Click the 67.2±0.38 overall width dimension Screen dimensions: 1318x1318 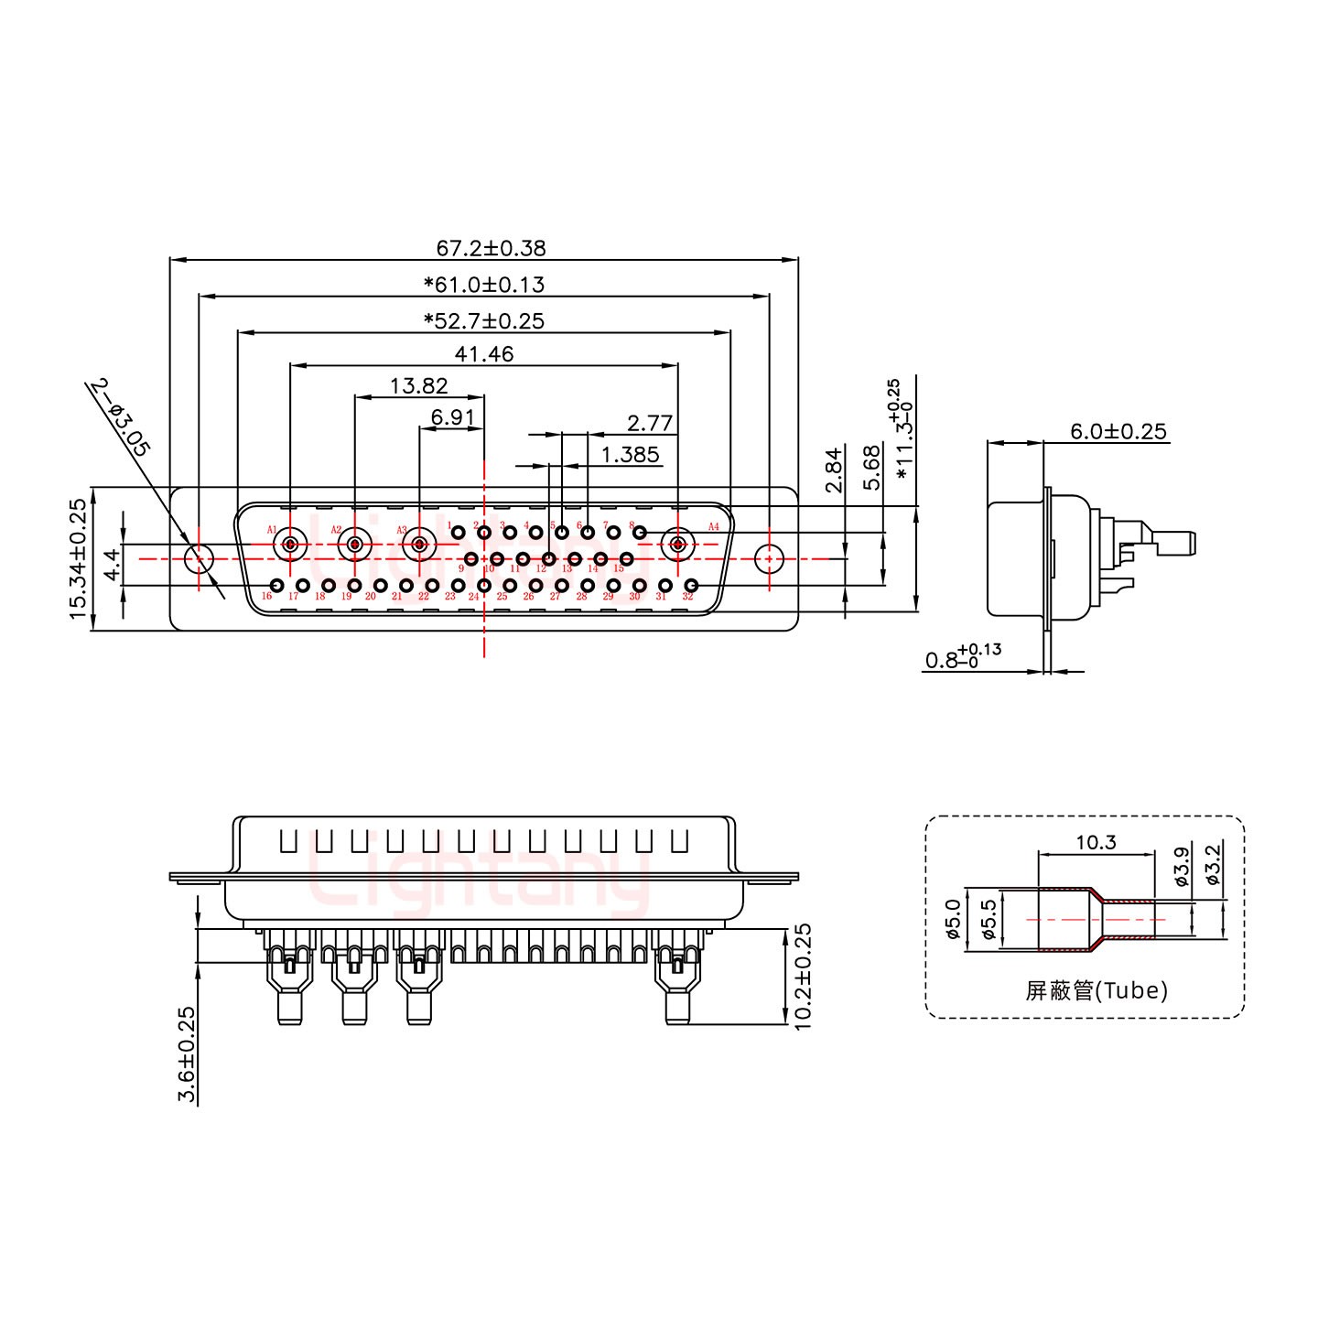pyautogui.click(x=491, y=248)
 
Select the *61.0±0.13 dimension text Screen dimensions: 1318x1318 pyautogui.click(x=484, y=285)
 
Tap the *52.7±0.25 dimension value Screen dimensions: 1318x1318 pyautogui.click(x=484, y=321)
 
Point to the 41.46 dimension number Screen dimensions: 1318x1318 pyautogui.click(x=484, y=353)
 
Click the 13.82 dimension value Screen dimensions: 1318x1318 pyautogui.click(x=418, y=386)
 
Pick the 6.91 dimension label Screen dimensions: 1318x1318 pyautogui.click(x=451, y=417)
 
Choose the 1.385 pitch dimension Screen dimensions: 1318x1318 pyautogui.click(x=630, y=454)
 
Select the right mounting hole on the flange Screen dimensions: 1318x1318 pyautogui.click(x=770, y=558)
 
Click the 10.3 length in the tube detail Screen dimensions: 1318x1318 pyautogui.click(x=1096, y=842)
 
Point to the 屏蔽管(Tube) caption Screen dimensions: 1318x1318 pyautogui.click(x=1097, y=989)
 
